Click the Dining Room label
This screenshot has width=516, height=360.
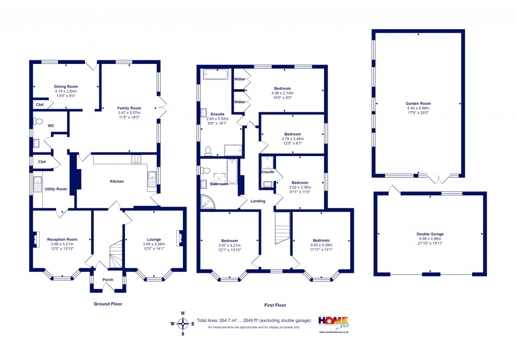pyautogui.click(x=66, y=86)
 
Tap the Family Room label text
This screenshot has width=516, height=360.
pyautogui.click(x=129, y=108)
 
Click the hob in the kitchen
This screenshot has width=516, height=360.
pyautogui.click(x=136, y=160)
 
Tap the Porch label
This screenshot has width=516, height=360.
pyautogui.click(x=108, y=279)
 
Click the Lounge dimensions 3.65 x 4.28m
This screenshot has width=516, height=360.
pyautogui.click(x=154, y=245)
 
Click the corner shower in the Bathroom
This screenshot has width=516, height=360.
pyautogui.click(x=207, y=202)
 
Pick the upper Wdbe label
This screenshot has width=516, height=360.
pyautogui.click(x=239, y=79)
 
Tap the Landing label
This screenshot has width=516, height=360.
pyautogui.click(x=258, y=201)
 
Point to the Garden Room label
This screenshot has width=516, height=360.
pyautogui.click(x=418, y=103)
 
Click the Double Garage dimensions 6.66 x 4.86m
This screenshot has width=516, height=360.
pyautogui.click(x=430, y=239)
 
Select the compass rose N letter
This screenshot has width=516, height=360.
pyautogui.click(x=183, y=313)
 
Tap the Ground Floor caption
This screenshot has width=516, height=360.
pyautogui.click(x=108, y=304)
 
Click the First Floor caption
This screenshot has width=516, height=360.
pyautogui.click(x=275, y=305)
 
